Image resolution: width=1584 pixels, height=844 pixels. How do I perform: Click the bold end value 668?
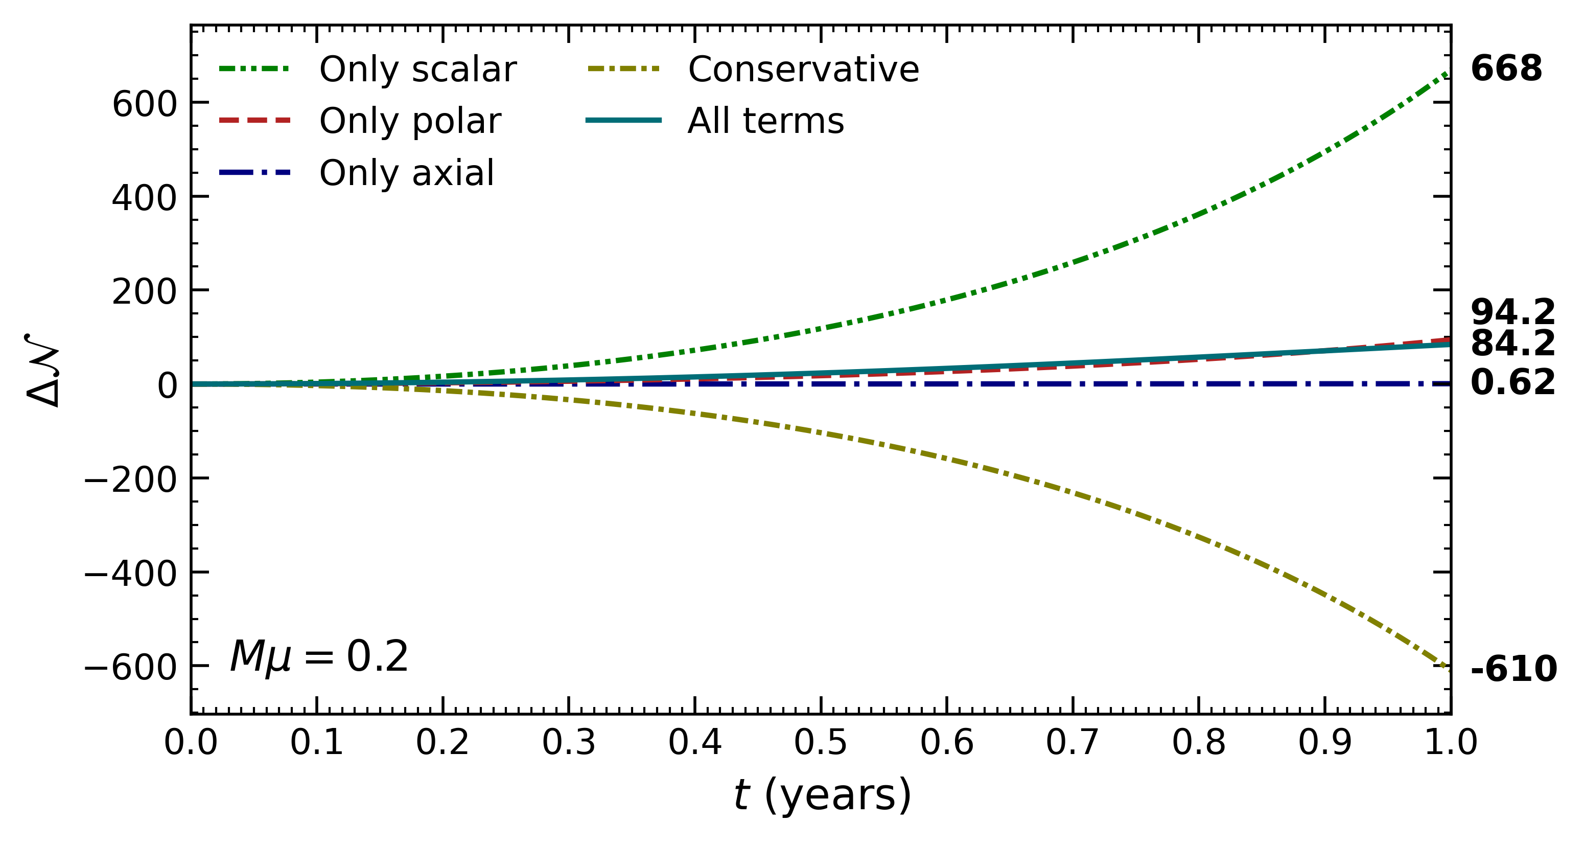point(1506,69)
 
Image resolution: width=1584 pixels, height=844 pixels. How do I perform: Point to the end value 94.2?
point(1512,312)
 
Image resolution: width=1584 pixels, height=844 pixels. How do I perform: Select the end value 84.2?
point(1512,343)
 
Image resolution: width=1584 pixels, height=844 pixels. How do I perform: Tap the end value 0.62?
point(1512,382)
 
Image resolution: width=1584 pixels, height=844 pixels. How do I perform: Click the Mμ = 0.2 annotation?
point(318,656)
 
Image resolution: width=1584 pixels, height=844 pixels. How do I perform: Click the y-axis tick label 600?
point(145,104)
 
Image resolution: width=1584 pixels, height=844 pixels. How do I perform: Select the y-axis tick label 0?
point(167,386)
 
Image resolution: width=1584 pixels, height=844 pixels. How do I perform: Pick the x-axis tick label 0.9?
point(1324,742)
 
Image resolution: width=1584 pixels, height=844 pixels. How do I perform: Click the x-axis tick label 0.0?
point(191,742)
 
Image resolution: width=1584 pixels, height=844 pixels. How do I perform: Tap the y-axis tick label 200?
point(145,292)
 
